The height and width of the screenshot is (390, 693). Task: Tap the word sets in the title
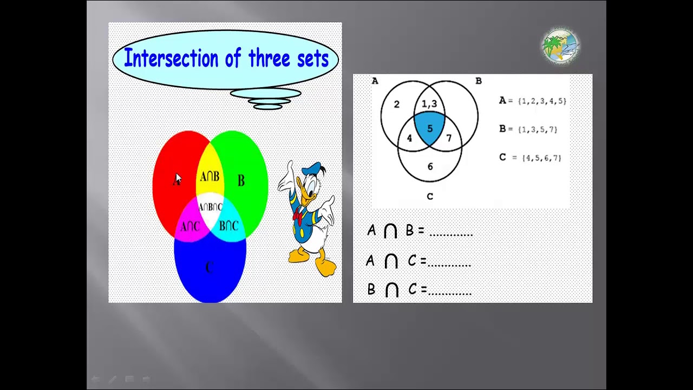coord(312,58)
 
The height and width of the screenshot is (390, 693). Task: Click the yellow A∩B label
coord(210,177)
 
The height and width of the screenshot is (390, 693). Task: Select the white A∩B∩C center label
coord(210,207)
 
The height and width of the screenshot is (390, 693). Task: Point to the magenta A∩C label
coord(189,226)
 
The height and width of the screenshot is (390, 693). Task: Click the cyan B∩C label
coord(228,225)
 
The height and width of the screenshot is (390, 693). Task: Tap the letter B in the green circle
coord(241,180)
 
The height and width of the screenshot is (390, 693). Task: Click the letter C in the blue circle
coord(210,267)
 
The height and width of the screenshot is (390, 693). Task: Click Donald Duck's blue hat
coord(311,170)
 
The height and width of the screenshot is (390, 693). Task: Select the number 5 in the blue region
coord(430,128)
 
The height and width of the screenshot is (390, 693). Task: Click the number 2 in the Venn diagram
coord(396,104)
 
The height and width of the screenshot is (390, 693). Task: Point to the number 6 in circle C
coord(430,166)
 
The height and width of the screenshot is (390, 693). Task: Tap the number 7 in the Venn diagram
coord(449,138)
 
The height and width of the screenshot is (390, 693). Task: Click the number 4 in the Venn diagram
coord(409,138)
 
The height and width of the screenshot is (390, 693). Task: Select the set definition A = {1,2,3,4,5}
coord(533,101)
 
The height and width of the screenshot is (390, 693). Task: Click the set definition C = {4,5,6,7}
coord(530,158)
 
